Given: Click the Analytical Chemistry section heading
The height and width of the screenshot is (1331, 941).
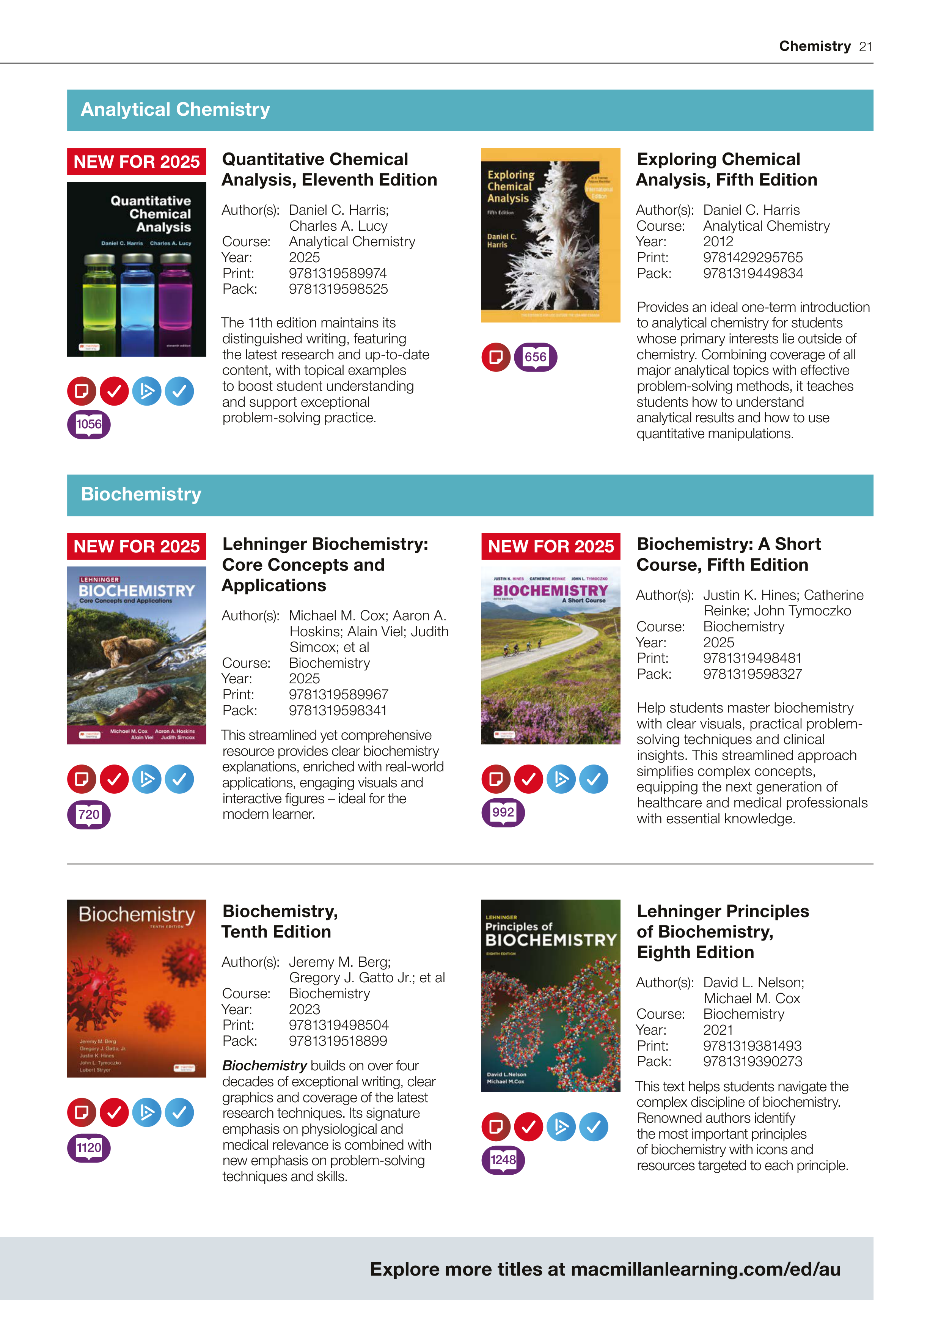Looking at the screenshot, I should (x=175, y=110).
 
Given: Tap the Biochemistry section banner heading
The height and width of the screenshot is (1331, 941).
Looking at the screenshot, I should (x=141, y=494).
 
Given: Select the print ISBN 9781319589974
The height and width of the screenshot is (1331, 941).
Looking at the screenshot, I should (x=338, y=273).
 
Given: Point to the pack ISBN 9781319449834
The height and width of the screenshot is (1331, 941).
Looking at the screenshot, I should (x=752, y=273).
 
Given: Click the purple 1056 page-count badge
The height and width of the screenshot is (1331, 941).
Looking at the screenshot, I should (x=89, y=424).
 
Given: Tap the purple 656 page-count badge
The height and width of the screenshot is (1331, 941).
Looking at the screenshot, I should (x=536, y=357).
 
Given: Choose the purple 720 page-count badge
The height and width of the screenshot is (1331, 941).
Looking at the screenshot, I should (x=89, y=815).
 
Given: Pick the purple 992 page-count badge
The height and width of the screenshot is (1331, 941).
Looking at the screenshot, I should (x=503, y=813).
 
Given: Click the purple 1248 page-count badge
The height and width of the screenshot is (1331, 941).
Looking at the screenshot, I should (x=503, y=1160).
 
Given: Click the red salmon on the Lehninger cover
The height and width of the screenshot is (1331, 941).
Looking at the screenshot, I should (x=145, y=702).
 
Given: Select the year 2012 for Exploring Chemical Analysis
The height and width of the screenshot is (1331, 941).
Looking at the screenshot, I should (x=718, y=242).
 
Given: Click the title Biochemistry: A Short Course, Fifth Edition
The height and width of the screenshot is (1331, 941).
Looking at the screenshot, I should (x=728, y=554).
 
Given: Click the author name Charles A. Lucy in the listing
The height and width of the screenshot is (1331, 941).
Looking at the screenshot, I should (x=338, y=226).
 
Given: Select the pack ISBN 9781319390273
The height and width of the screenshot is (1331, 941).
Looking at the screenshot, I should (x=752, y=1062).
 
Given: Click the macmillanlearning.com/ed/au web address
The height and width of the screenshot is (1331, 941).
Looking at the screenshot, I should (x=705, y=1269).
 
